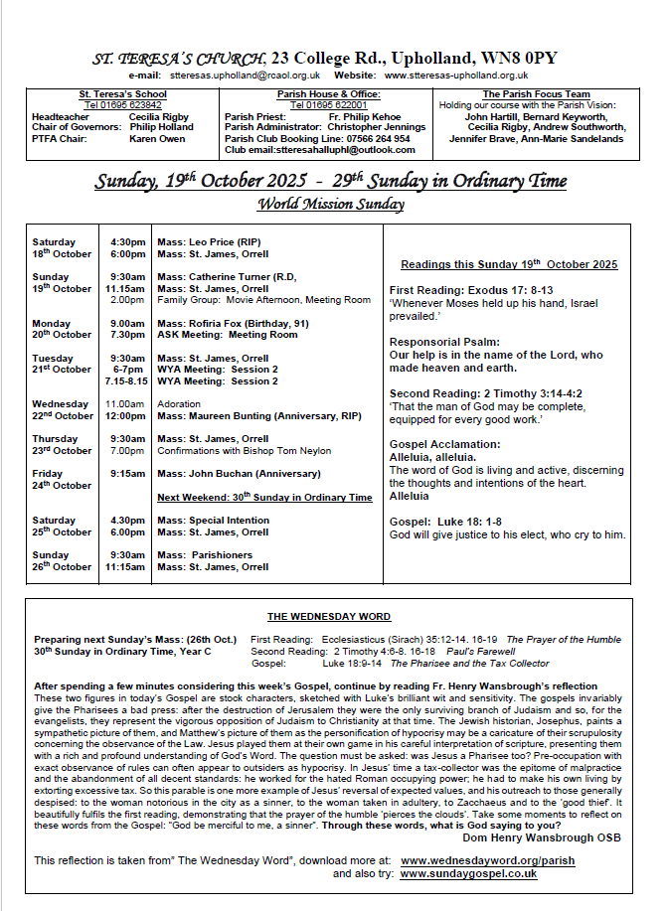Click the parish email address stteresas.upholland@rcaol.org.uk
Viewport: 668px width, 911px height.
pos(245,75)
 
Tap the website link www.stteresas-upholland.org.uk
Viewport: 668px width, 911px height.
pos(455,75)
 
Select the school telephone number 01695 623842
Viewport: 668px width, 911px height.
pos(123,105)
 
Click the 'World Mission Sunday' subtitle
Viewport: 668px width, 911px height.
pos(330,205)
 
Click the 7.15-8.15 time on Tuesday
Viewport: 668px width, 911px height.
pos(126,380)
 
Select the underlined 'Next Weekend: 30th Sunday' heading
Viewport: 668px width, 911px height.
pos(264,497)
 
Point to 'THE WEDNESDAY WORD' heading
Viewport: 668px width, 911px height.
pos(329,617)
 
